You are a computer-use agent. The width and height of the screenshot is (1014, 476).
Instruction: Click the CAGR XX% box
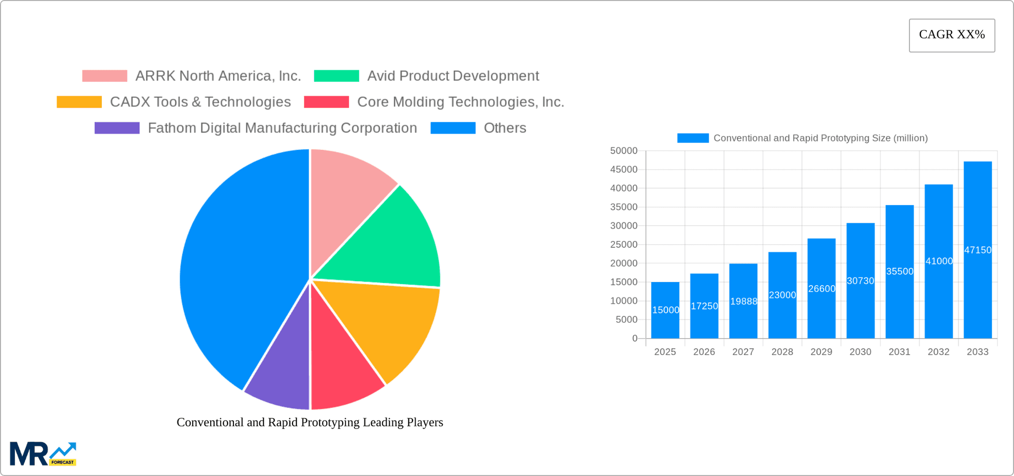(x=952, y=35)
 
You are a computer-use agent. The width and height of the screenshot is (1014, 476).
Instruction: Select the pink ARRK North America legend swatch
(x=105, y=76)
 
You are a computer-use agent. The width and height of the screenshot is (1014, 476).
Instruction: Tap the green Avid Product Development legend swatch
(x=336, y=76)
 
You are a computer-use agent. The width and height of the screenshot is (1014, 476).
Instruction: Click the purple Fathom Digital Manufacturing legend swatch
(x=117, y=128)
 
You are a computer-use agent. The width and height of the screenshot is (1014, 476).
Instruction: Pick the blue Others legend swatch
(x=453, y=128)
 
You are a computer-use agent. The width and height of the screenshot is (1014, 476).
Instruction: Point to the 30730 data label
(x=860, y=281)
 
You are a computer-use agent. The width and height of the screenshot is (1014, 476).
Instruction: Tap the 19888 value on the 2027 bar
(x=744, y=301)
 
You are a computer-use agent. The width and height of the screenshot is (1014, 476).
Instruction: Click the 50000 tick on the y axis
(x=624, y=151)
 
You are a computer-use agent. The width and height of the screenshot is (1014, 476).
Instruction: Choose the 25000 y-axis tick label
(x=624, y=245)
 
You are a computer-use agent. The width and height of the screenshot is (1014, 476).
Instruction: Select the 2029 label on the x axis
(x=821, y=352)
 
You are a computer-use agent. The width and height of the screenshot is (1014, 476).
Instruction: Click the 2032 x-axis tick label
(x=938, y=352)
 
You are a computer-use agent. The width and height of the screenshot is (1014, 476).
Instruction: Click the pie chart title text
(x=310, y=422)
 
